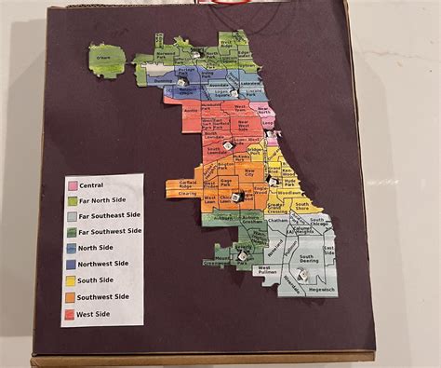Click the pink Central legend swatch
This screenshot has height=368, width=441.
(71, 185)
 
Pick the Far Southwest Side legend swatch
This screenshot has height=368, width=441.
(71, 232)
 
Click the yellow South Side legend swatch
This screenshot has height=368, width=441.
(71, 279)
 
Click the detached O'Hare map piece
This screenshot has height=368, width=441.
(107, 60)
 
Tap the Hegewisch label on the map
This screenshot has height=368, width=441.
(317, 289)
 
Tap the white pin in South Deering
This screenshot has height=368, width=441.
(303, 273)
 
